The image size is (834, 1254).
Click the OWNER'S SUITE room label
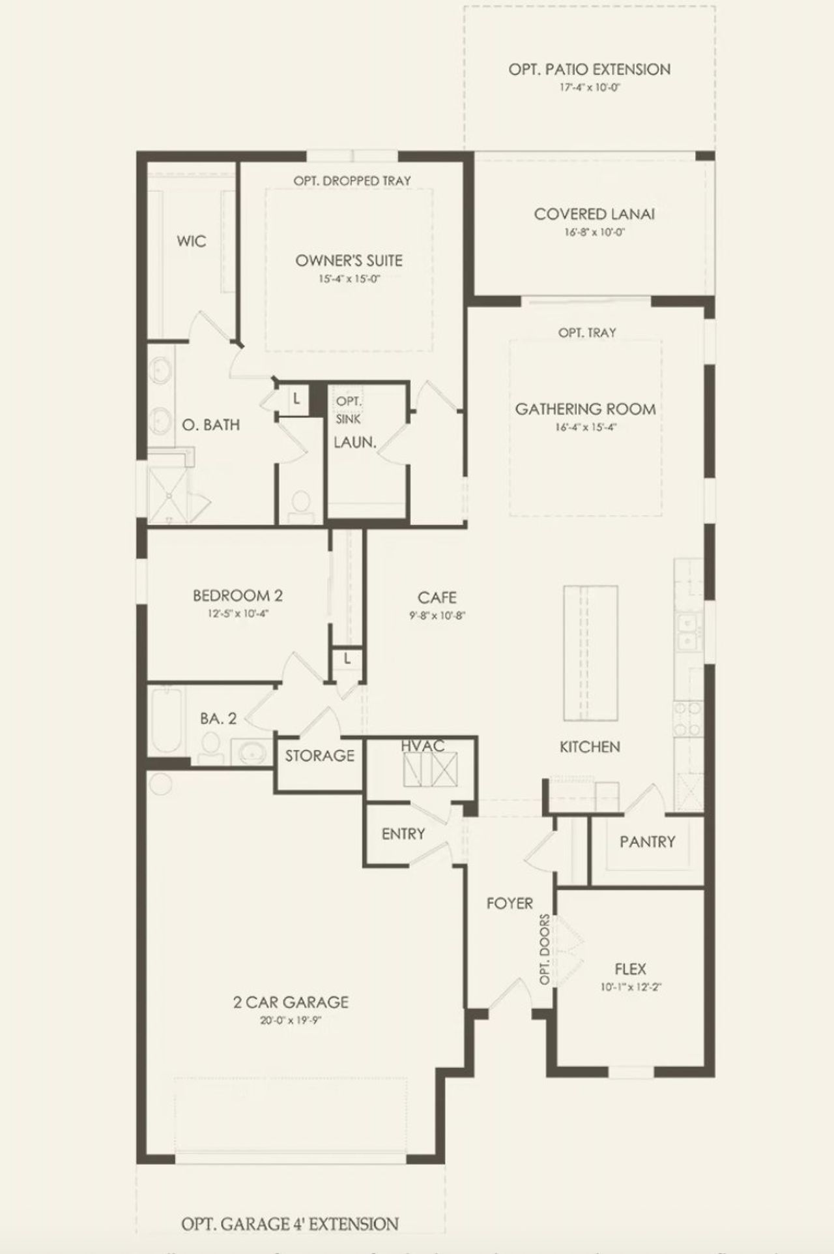coord(349,260)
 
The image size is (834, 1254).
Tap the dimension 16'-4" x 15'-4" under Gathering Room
coord(585,428)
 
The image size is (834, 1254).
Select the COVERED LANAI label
coord(594,214)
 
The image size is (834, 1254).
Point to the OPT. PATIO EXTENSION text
coord(589,69)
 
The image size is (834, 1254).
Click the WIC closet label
coord(191,241)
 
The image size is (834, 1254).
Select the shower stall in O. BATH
coord(168,494)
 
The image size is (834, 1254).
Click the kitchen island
coord(590,652)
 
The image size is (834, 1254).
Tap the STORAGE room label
coord(319,756)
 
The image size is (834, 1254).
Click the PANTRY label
coord(647,842)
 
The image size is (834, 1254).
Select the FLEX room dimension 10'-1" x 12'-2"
coord(630,987)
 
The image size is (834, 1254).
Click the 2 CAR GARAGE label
coord(291,1002)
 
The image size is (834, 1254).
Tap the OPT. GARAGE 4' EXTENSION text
coord(290,1224)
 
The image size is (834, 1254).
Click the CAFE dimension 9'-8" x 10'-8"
coord(437,615)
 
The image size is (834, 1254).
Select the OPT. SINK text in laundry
coord(349,410)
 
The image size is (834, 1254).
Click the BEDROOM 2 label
coord(237,595)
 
